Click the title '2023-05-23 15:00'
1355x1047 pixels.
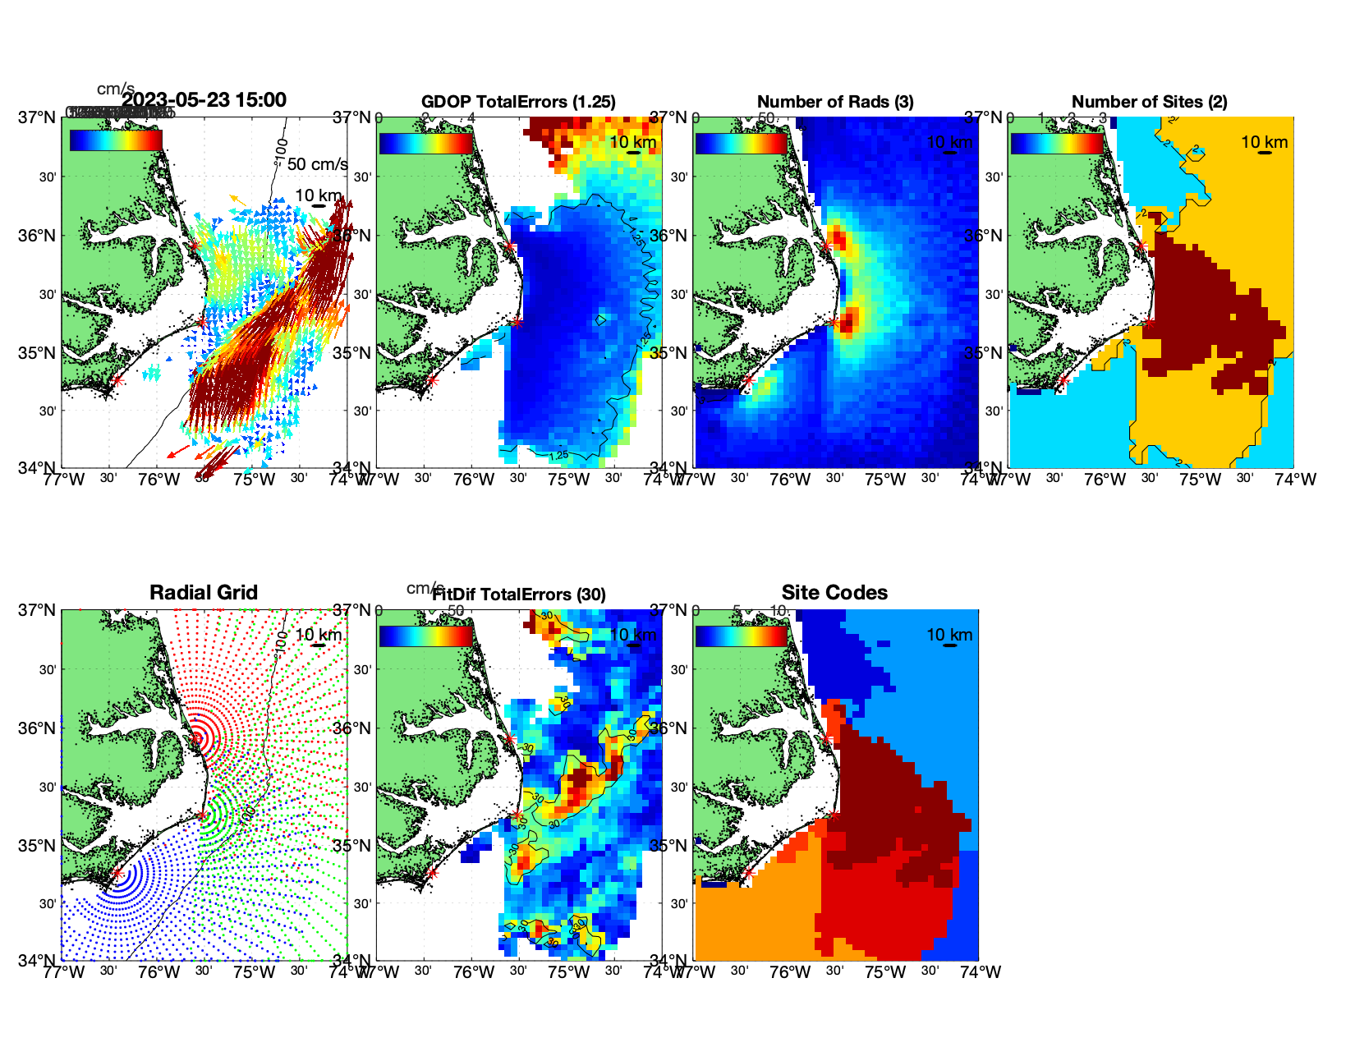(x=204, y=100)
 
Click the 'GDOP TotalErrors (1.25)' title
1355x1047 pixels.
(x=518, y=102)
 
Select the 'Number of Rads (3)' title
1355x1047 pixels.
(x=835, y=102)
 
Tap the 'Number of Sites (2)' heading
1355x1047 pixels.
(x=1150, y=102)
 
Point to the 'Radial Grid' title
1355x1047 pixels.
(x=204, y=593)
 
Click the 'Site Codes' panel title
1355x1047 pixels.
(x=834, y=593)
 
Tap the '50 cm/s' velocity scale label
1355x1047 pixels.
(x=317, y=164)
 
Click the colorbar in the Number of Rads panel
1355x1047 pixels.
(x=742, y=143)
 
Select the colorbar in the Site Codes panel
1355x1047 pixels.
(x=742, y=636)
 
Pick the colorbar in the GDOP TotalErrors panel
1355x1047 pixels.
(x=426, y=143)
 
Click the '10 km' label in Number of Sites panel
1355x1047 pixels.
(x=1264, y=142)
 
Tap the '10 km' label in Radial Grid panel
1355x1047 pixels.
(x=318, y=635)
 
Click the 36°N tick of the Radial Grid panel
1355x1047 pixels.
(x=38, y=728)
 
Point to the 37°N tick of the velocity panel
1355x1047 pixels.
(x=38, y=117)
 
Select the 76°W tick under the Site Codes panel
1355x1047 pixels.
(x=790, y=972)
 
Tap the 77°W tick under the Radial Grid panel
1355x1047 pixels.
(x=64, y=972)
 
